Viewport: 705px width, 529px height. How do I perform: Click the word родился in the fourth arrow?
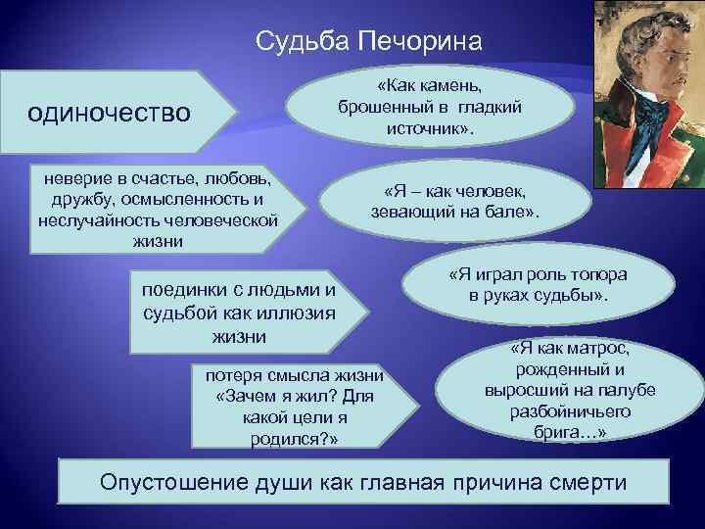[x=287, y=439]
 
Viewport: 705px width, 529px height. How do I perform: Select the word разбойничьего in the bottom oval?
[x=556, y=410]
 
